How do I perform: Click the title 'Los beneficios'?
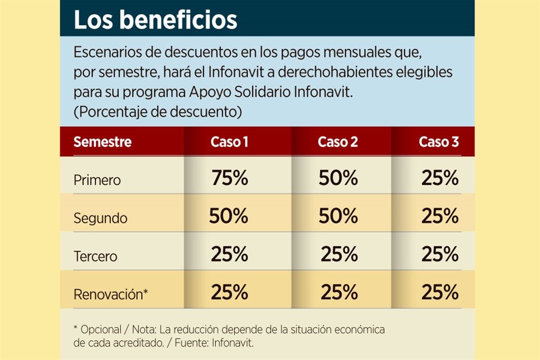[155, 20]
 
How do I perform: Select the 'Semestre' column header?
[102, 142]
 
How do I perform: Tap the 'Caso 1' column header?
[229, 142]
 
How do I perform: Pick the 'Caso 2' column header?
[338, 142]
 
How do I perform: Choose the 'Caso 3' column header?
[439, 142]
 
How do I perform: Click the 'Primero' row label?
[97, 181]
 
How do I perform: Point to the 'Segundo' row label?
[101, 218]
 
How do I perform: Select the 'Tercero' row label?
[96, 256]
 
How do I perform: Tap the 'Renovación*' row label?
[111, 294]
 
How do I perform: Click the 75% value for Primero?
[229, 178]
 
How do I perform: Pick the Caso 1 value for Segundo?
[228, 216]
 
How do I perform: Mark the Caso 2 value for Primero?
[338, 178]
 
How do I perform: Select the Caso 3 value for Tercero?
[440, 254]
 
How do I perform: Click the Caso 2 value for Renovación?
[339, 292]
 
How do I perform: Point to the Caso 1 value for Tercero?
[229, 254]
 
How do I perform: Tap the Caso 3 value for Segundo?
[440, 216]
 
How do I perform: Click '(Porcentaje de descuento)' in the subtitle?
[157, 111]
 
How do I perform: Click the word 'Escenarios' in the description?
[106, 53]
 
